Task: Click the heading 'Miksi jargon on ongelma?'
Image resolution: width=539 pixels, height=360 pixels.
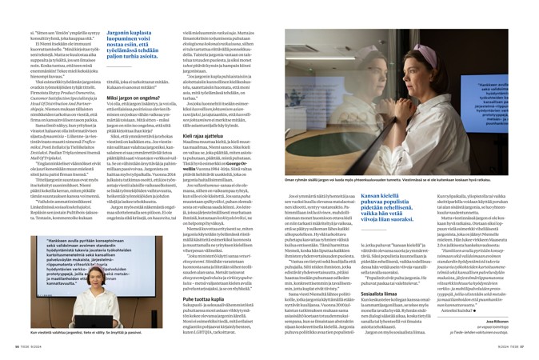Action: [x=120, y=119]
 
